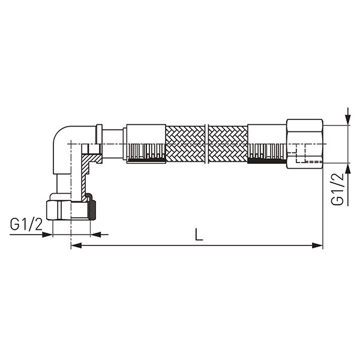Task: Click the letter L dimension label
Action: click(x=199, y=235)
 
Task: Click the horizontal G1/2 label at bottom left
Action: click(x=26, y=224)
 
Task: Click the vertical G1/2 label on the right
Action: click(x=337, y=188)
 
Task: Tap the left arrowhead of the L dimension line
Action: click(x=76, y=245)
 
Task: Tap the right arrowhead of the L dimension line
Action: click(x=317, y=245)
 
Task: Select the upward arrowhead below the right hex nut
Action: click(x=348, y=168)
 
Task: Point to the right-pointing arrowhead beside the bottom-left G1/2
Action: click(x=47, y=235)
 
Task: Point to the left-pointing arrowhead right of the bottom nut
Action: click(x=96, y=235)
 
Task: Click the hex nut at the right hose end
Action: click(x=304, y=144)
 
